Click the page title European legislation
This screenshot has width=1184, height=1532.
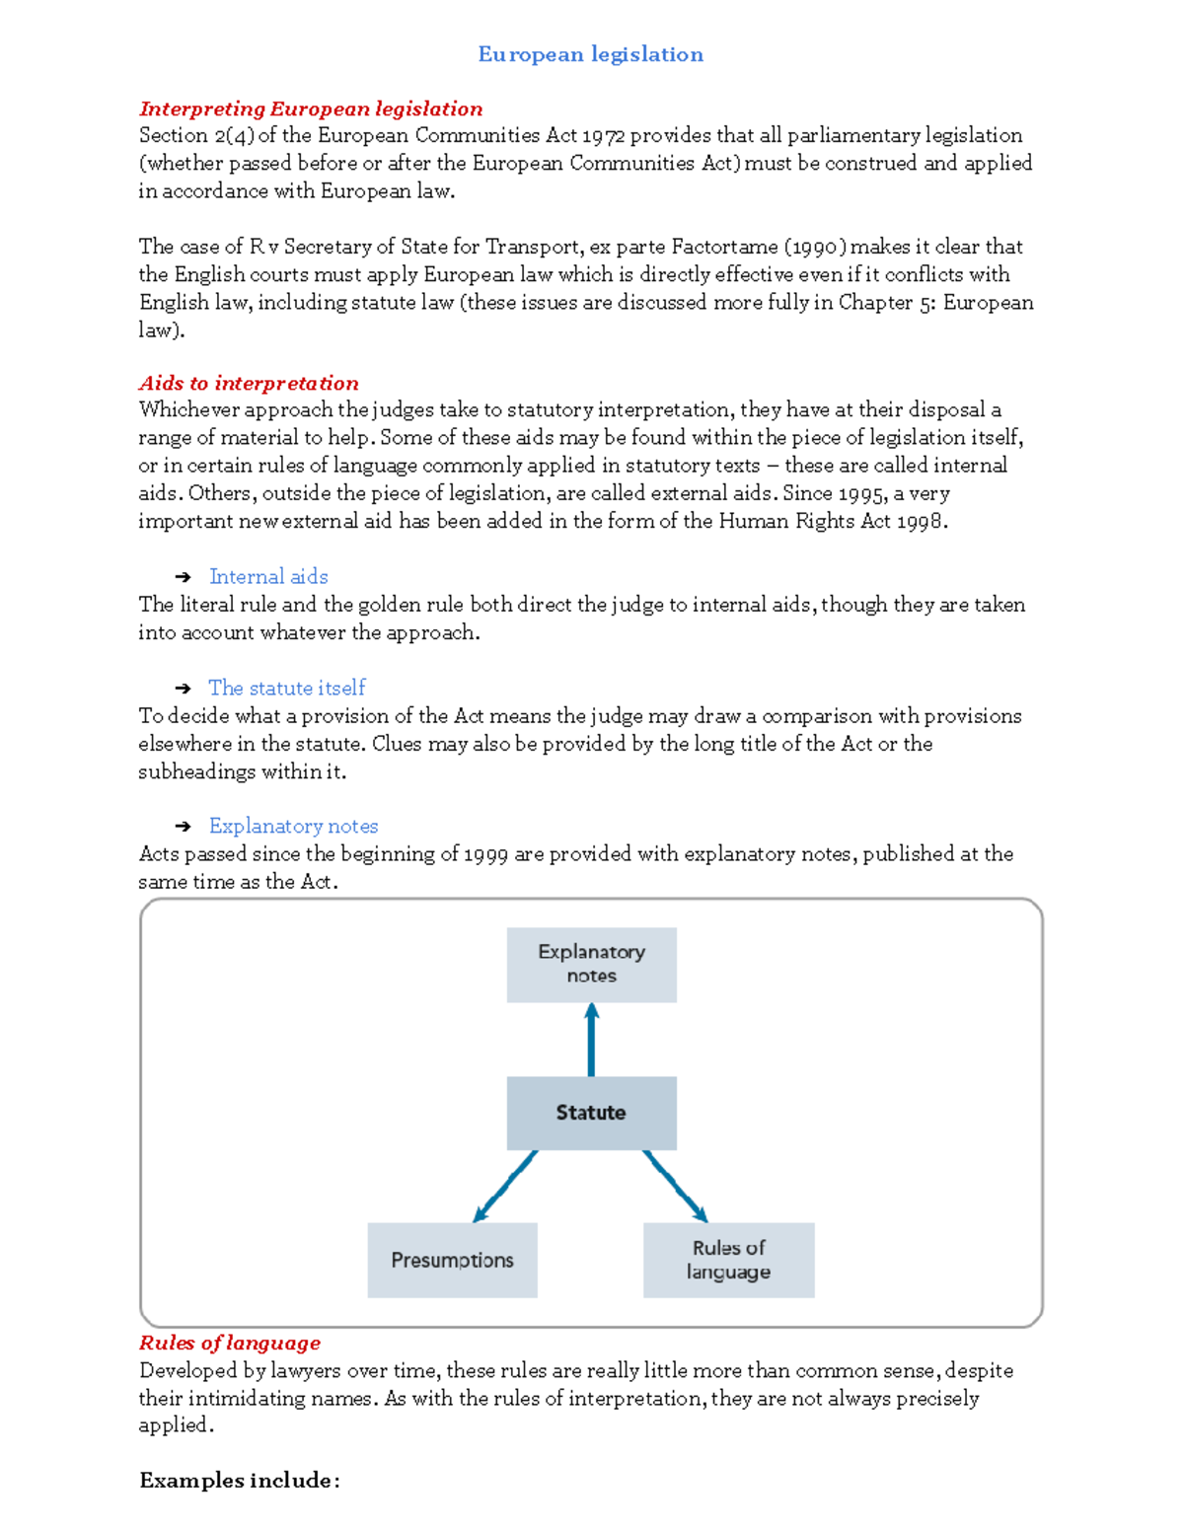(x=590, y=54)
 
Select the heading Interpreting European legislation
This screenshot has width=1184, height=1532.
(x=311, y=109)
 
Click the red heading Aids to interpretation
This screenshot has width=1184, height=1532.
(x=249, y=383)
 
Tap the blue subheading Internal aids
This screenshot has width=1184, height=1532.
(x=268, y=576)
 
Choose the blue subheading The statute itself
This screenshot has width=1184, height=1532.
(x=286, y=688)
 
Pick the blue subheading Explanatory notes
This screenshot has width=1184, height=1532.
(x=293, y=826)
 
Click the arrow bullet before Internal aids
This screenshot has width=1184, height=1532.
(x=183, y=577)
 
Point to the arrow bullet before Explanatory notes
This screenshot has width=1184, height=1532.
(x=183, y=827)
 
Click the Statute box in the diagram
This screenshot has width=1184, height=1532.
(x=591, y=1113)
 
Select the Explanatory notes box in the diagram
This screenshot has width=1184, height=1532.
(x=591, y=964)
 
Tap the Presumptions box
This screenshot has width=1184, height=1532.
(x=452, y=1260)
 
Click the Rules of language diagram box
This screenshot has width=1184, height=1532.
(x=728, y=1260)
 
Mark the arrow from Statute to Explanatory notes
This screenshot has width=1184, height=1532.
(x=591, y=1040)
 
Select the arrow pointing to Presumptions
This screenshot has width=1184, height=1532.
(x=505, y=1187)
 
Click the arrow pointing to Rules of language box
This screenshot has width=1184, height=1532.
(x=676, y=1187)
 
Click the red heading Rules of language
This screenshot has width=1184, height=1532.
(x=230, y=1343)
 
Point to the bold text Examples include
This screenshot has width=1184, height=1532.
(x=239, y=1480)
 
